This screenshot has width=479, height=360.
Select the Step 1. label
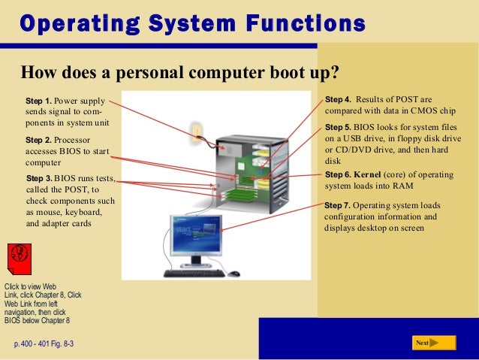coord(38,100)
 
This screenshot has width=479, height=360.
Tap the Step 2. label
coord(38,141)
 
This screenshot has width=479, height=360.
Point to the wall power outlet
coord(197,134)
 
